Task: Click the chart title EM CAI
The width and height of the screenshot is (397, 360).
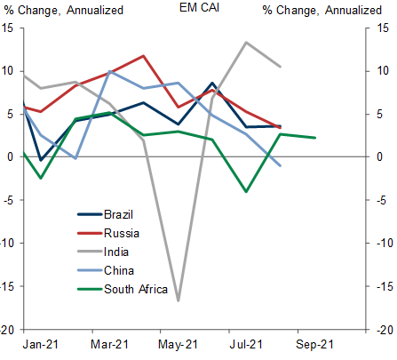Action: pos(199,8)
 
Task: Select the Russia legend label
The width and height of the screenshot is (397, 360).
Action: pos(122,233)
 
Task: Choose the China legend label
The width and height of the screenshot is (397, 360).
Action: pos(119,270)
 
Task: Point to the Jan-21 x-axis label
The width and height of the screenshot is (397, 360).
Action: pos(41,344)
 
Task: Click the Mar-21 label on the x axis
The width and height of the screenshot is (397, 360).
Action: pos(109,344)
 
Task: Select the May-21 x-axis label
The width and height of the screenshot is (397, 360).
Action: pos(178,344)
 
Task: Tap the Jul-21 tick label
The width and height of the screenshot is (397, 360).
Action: pos(246,344)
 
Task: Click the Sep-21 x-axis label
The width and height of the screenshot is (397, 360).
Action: pos(314,344)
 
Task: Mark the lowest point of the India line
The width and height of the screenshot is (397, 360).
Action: pos(179,300)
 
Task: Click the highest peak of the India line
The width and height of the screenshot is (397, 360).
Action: pos(246,43)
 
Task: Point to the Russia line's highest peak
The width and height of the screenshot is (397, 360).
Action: pos(144,56)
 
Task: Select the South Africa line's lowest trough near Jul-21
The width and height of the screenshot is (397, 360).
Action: pos(246,191)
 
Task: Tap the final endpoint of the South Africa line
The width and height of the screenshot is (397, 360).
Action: pos(315,138)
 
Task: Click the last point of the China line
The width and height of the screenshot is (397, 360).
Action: pos(281,165)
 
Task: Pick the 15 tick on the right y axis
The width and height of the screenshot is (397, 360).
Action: pos(383,28)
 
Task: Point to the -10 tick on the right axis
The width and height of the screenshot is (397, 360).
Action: pos(385,243)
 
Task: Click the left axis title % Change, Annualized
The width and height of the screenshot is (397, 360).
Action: pos(64,10)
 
